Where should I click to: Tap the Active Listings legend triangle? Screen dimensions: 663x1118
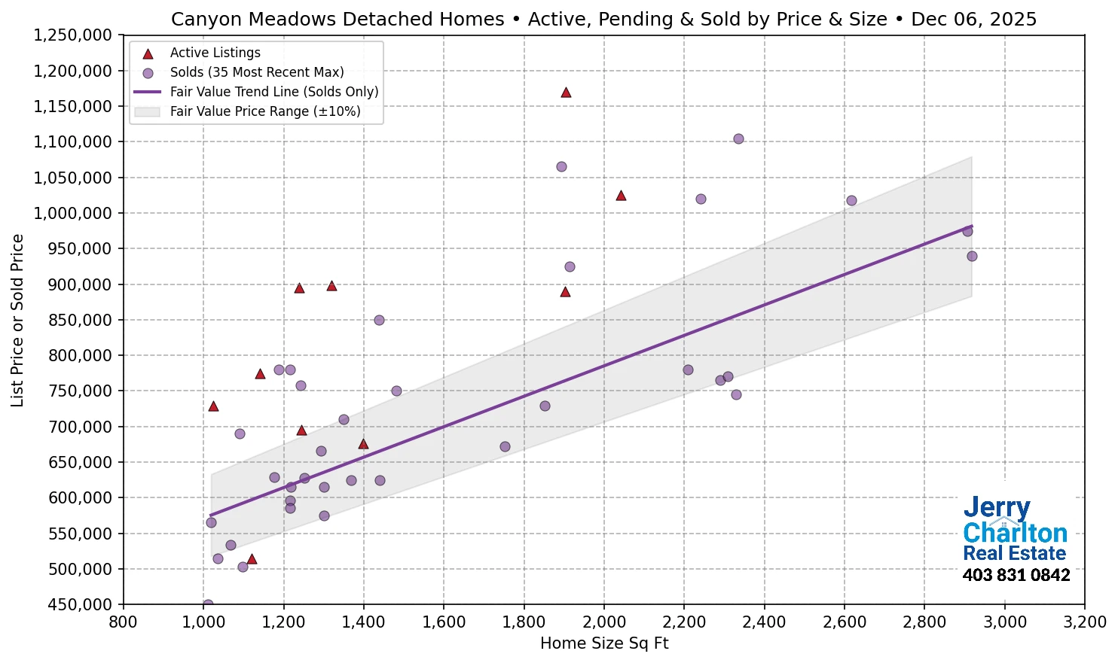click(x=148, y=53)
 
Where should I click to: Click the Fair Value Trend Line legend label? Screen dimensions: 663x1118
click(x=273, y=92)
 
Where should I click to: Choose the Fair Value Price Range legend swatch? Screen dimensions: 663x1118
click(x=148, y=111)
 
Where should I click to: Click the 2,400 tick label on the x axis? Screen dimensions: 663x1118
click(x=764, y=622)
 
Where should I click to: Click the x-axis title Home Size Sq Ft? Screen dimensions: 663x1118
click(x=604, y=643)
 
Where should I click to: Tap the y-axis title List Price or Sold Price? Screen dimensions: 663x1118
click(x=17, y=321)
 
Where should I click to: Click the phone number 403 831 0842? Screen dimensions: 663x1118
click(x=1016, y=576)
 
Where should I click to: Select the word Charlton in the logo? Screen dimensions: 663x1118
click(x=1015, y=533)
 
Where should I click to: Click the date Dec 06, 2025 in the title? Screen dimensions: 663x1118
click(x=973, y=20)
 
